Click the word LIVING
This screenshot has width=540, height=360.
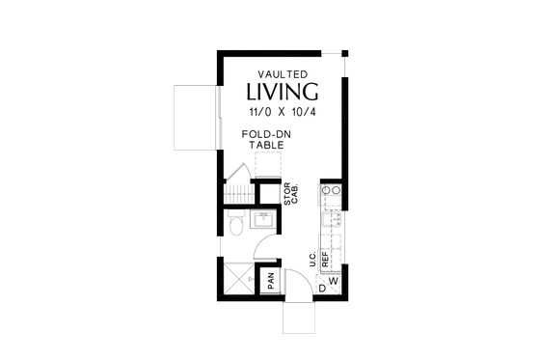point(283,93)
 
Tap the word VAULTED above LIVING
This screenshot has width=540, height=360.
point(283,73)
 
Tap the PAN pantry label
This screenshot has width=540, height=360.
point(271,281)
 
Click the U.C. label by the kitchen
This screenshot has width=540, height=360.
point(313,259)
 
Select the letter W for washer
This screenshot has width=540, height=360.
point(334,282)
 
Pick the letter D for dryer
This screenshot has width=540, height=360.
point(321,288)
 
